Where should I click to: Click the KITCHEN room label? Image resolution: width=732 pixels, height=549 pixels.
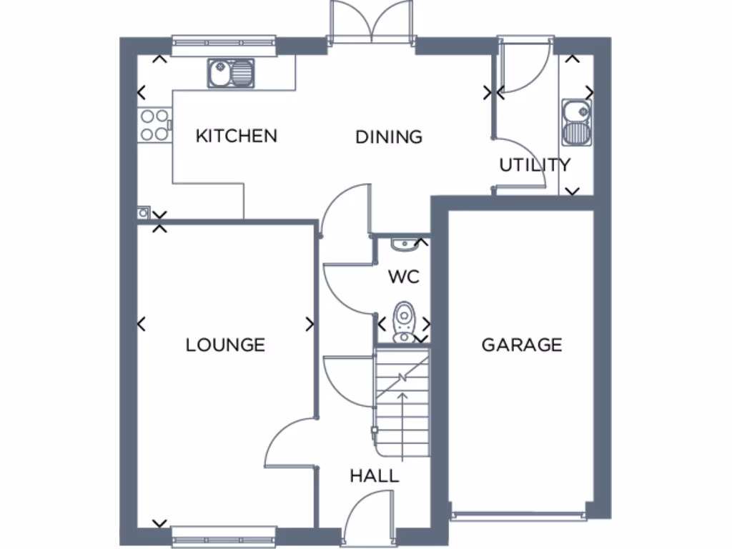point(236,136)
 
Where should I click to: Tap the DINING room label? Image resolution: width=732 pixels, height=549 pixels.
point(389,137)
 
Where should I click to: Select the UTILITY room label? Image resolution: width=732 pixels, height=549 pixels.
point(535,165)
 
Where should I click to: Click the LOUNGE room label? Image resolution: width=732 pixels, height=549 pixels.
point(225,345)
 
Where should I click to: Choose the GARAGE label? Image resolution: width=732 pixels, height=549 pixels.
point(521,345)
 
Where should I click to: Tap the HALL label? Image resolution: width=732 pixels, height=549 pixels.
point(374,476)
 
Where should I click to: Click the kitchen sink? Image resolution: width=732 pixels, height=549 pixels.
point(232,73)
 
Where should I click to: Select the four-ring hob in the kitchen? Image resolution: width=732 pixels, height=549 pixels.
point(154,124)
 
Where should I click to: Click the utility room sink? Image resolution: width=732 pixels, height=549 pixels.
point(576,122)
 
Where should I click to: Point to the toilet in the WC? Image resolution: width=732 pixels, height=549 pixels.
point(404,320)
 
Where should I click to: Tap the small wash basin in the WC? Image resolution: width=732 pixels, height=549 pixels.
point(404,244)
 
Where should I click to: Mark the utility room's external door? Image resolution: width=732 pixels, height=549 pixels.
point(524,66)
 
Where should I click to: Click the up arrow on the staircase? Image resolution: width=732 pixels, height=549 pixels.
point(402,422)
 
